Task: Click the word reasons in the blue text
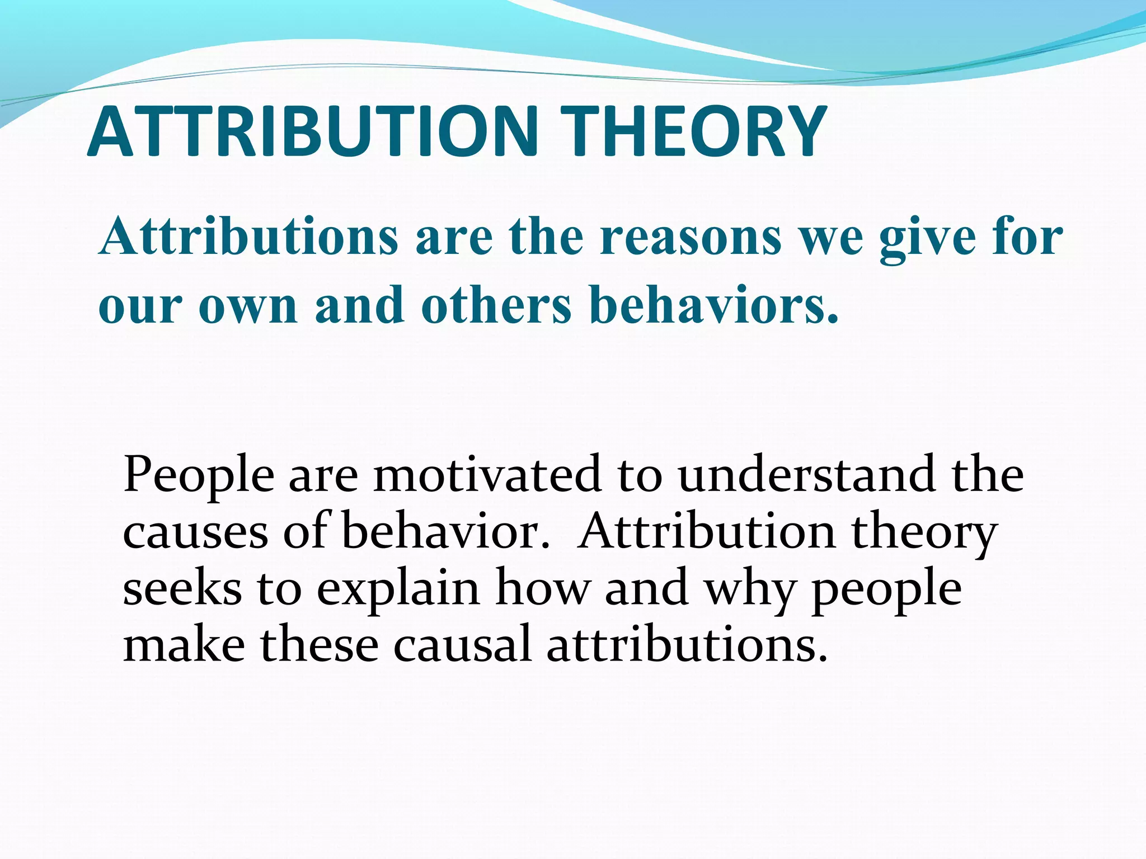click(x=691, y=237)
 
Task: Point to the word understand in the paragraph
click(x=806, y=474)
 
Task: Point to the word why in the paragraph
click(x=750, y=591)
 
